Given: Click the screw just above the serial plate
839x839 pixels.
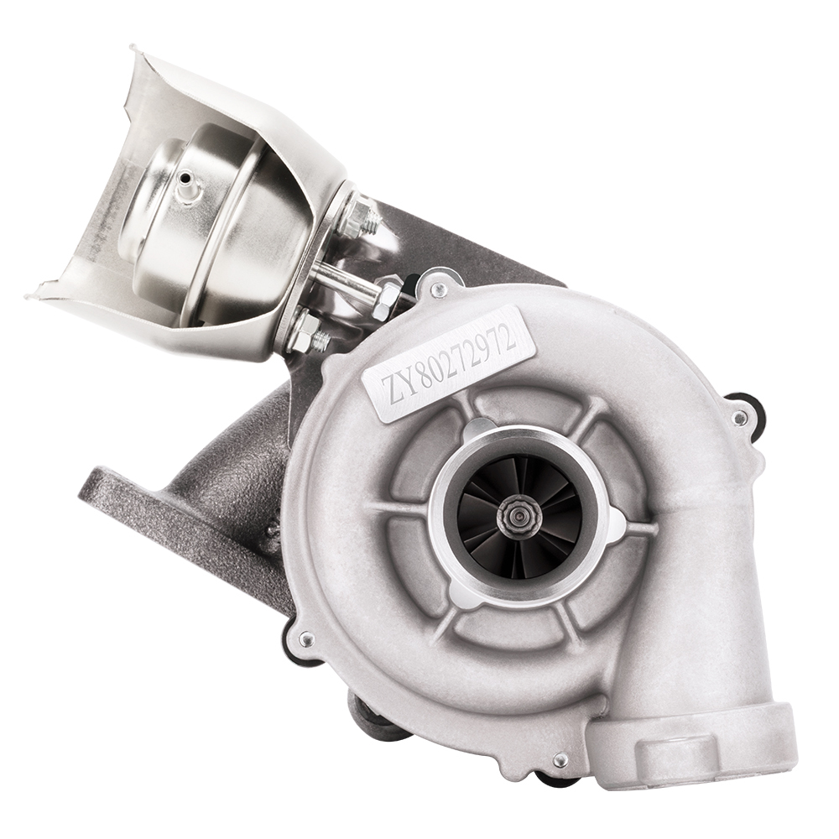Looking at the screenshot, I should click(x=435, y=290).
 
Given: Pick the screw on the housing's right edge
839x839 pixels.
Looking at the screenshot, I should click(x=738, y=417).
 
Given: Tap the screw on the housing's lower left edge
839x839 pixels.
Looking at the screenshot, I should click(x=306, y=640).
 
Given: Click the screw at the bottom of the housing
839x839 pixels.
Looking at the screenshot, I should click(x=560, y=759).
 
